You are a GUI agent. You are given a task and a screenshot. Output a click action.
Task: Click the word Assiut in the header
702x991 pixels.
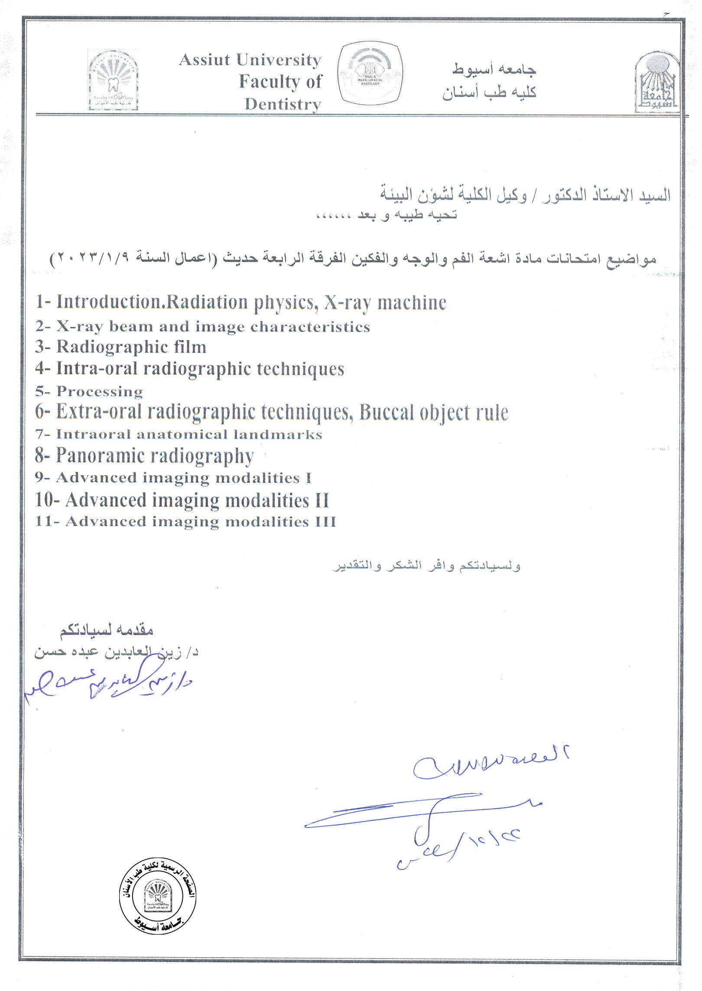(205, 60)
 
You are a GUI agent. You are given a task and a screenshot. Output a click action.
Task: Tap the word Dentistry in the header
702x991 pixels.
(283, 104)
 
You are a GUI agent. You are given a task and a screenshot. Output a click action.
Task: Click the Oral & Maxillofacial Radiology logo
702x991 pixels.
(370, 74)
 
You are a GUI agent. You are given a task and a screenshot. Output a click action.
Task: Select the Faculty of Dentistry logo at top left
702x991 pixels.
(114, 80)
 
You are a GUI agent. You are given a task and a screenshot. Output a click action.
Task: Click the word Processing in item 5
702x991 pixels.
(100, 391)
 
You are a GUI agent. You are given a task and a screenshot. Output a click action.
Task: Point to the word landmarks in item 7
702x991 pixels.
(278, 434)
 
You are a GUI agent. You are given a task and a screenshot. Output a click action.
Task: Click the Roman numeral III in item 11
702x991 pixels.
(325, 521)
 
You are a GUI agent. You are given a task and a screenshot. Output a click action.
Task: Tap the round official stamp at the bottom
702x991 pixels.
(157, 897)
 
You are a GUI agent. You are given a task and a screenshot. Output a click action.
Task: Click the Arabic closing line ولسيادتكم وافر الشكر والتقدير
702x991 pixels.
(426, 566)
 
